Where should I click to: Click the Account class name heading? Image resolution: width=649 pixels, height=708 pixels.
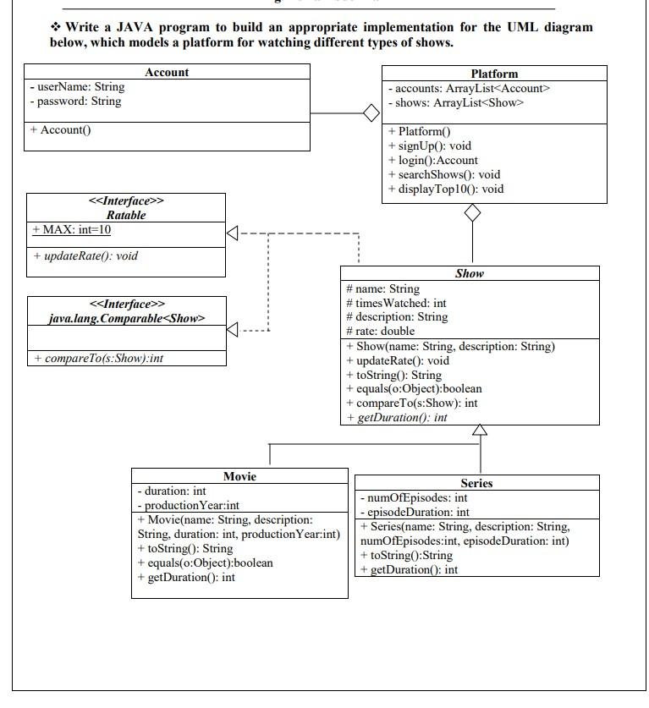[x=167, y=73]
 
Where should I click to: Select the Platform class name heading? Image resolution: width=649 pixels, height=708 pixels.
[x=494, y=74]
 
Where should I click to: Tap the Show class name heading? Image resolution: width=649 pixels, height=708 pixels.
[x=470, y=273]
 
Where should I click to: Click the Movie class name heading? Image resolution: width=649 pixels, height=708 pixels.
[x=239, y=476]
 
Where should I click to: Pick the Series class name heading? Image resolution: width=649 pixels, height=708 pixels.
[x=476, y=483]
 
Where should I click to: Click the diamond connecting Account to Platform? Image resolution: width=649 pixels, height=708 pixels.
[x=371, y=113]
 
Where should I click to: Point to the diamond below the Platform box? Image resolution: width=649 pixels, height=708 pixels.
[x=472, y=214]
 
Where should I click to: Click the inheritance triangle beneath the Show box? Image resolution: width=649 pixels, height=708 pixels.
[x=480, y=430]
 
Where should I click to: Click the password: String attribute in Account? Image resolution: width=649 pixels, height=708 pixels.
[x=75, y=102]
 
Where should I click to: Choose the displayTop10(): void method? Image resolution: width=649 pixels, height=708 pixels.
[x=446, y=189]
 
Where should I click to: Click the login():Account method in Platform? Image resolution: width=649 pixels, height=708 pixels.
[x=433, y=160]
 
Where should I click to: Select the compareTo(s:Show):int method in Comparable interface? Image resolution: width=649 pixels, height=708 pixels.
[x=99, y=359]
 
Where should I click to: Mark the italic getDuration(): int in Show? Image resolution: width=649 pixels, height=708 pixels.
[x=397, y=418]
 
